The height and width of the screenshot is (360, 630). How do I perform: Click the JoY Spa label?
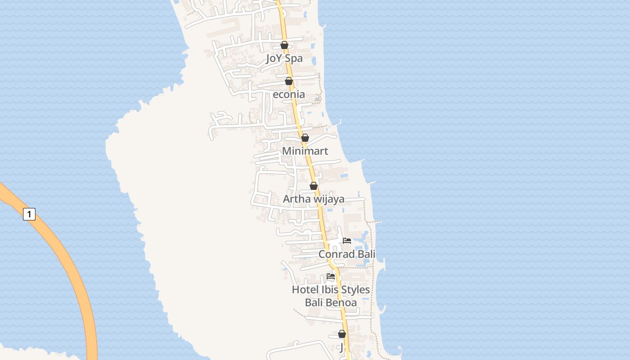click(x=284, y=58)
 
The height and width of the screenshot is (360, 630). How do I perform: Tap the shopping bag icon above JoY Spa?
click(x=284, y=45)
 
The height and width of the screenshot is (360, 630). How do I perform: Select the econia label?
click(x=288, y=94)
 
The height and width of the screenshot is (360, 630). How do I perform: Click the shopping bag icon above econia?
click(x=289, y=81)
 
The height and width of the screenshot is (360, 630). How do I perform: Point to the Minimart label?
click(x=305, y=151)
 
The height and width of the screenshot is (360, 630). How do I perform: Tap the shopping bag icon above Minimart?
click(x=305, y=138)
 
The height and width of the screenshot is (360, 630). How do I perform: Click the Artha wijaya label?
click(x=314, y=199)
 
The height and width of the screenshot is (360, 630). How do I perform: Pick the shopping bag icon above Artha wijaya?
click(x=314, y=185)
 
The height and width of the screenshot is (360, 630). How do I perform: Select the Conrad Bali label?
click(x=346, y=254)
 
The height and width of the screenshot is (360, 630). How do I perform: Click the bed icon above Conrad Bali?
click(x=347, y=241)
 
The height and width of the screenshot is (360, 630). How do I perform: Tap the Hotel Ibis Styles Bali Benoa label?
click(x=331, y=296)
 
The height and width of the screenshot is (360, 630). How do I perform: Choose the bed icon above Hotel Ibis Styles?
click(x=331, y=276)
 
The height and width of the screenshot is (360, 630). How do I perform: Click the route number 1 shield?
click(x=29, y=214)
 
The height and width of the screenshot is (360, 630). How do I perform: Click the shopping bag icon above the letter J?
click(x=342, y=334)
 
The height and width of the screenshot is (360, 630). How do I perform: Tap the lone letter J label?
click(x=342, y=347)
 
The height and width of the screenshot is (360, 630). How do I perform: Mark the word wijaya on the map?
click(x=328, y=199)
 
